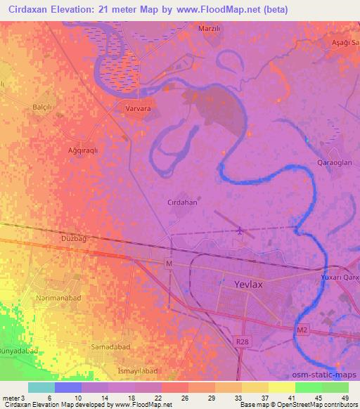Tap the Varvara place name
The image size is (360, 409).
[x=138, y=109]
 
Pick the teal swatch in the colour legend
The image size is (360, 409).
[x=41, y=387]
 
